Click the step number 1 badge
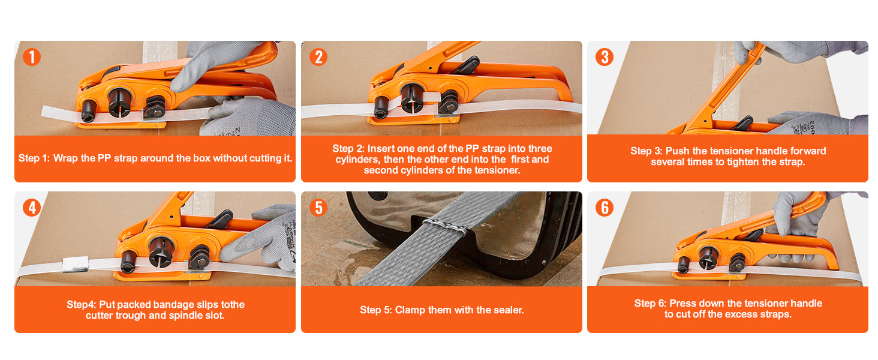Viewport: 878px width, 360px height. click(x=32, y=57)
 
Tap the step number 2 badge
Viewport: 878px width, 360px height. click(x=318, y=57)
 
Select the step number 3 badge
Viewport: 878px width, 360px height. click(x=605, y=57)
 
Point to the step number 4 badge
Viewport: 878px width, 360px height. click(x=32, y=208)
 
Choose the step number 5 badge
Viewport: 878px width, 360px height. click(x=318, y=208)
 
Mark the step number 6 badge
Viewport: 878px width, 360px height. click(x=605, y=208)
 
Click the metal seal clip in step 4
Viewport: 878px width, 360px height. click(x=76, y=265)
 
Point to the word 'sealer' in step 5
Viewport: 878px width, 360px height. click(x=508, y=310)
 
